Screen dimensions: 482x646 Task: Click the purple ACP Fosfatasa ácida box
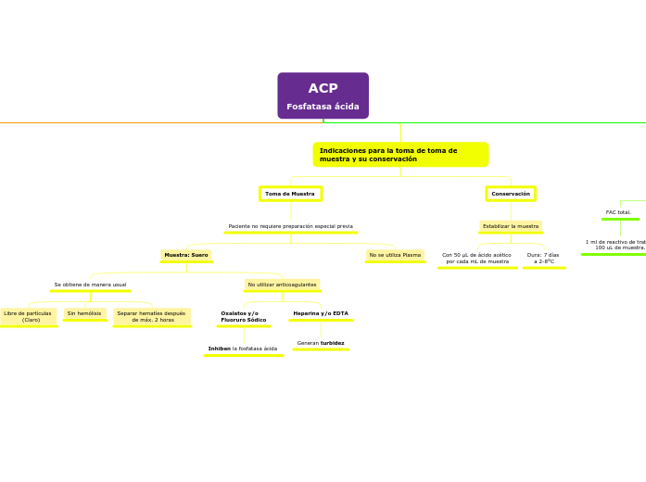[x=323, y=95]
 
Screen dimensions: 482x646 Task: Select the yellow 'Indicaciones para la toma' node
[x=400, y=155]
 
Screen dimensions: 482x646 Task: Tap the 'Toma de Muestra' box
[x=290, y=194]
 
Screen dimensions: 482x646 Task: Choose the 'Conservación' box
[x=511, y=194]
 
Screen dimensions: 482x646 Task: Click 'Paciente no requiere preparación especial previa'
[x=290, y=226]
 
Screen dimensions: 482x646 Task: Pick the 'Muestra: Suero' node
[x=186, y=255]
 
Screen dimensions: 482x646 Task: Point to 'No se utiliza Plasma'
[x=395, y=255]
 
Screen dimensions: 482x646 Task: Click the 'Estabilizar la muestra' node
[x=511, y=226]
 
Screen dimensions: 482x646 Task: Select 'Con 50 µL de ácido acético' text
[x=476, y=258]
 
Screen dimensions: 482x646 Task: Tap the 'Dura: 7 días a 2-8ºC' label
[x=543, y=258]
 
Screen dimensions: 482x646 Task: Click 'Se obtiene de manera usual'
[x=90, y=285]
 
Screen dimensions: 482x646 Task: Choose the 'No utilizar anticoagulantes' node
[x=282, y=285]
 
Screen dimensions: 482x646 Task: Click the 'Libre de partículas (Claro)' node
[x=28, y=316]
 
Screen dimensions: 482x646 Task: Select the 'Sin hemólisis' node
[x=84, y=313]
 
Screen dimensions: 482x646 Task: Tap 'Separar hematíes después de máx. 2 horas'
[x=151, y=316]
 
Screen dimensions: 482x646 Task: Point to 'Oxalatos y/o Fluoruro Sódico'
[x=244, y=316]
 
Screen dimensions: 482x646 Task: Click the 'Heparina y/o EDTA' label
[x=321, y=313]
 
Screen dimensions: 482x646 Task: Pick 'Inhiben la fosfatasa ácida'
[x=243, y=349]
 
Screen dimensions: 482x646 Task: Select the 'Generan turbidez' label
[x=321, y=343]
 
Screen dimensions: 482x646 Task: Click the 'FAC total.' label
[x=618, y=212]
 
